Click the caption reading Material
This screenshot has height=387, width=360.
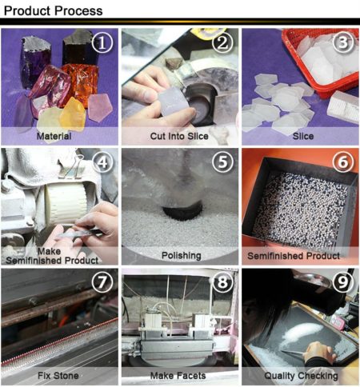pyautogui.click(x=59, y=136)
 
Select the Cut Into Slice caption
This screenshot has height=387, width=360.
pyautogui.click(x=180, y=136)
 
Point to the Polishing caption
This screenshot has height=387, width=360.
pyautogui.click(x=180, y=256)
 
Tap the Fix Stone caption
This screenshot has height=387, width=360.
pyautogui.click(x=59, y=376)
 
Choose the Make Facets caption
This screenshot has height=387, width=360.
pyautogui.click(x=180, y=376)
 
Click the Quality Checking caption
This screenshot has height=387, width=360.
pyautogui.click(x=301, y=376)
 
